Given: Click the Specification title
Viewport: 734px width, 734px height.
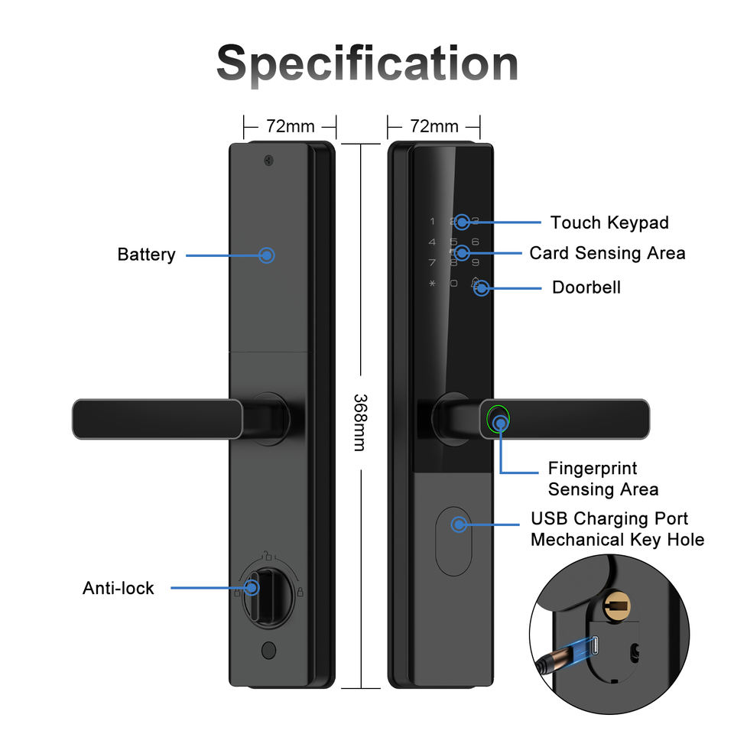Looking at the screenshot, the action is pos(367,63).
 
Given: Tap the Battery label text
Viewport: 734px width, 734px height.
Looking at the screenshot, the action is pos(147,255).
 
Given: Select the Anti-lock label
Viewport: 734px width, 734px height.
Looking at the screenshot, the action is pos(119,588).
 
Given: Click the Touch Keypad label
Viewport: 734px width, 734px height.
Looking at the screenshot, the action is pos(609,222).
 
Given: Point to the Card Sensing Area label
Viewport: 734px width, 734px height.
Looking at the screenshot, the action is pos(608,253).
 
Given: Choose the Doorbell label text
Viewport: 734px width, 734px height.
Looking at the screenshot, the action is pos(586,287).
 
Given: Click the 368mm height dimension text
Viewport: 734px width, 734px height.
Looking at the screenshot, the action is pos(360,423).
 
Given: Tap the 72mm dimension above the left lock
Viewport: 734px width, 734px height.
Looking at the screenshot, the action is pos(291,126).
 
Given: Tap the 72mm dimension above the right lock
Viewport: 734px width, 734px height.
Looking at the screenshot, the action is pos(434,126).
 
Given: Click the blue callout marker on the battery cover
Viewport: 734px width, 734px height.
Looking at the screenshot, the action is pos(267,255).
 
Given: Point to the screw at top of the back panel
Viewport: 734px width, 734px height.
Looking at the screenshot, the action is pos(268,161).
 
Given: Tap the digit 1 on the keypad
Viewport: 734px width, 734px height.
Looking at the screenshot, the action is pos(432,222).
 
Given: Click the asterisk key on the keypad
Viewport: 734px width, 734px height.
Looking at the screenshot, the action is pos(432,283).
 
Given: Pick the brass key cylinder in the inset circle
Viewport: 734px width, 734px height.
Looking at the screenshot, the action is pos(616,606).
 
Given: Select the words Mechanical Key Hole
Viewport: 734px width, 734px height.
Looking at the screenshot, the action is pos(618,540).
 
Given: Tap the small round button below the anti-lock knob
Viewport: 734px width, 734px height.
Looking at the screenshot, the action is pos(268,650).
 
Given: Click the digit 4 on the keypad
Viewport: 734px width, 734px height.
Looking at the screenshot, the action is pos(432,242).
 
